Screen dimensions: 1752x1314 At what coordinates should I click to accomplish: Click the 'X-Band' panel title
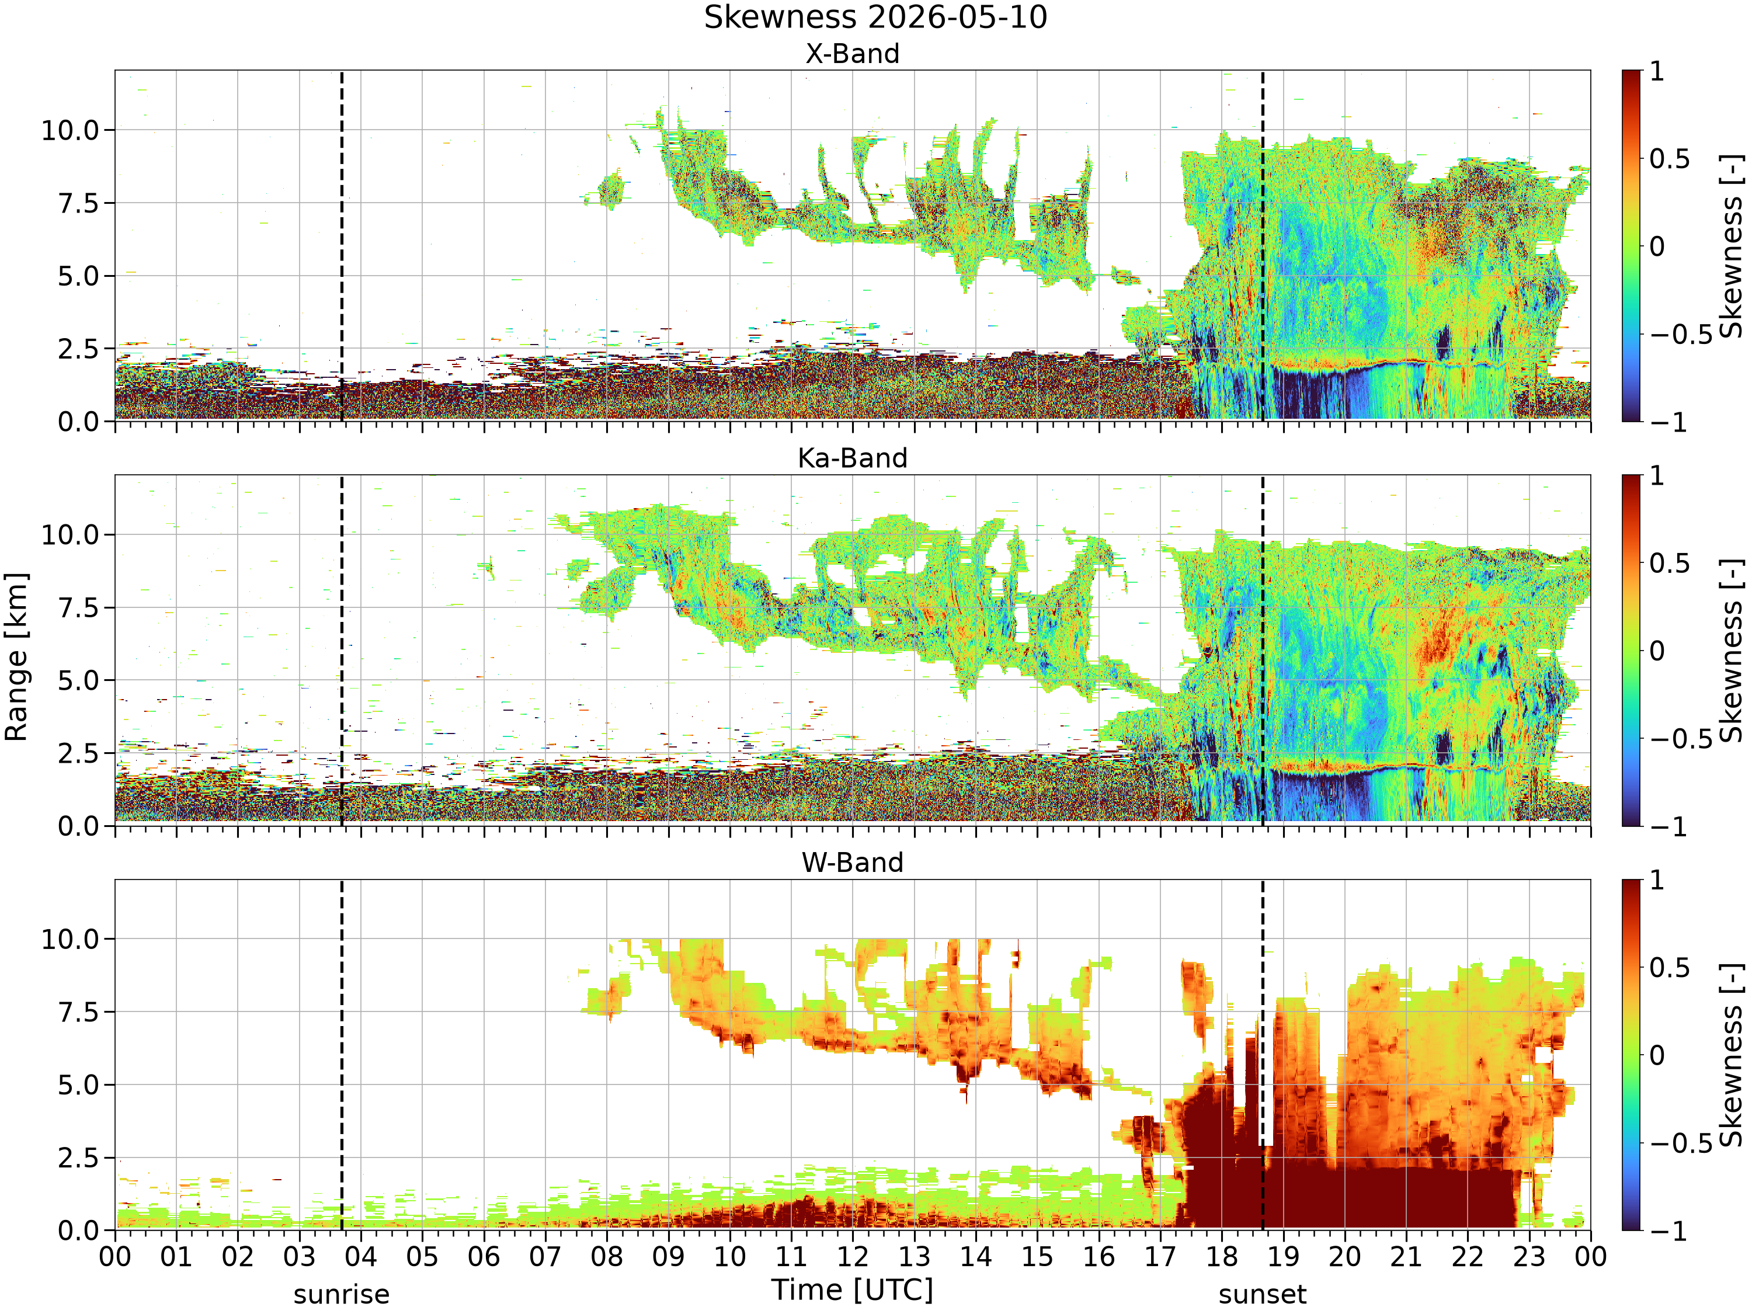point(852,54)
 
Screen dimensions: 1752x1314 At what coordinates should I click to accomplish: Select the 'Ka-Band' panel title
point(852,458)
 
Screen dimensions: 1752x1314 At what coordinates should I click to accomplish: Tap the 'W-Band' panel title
point(852,863)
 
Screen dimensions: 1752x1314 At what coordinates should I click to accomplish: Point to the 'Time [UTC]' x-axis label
point(852,1289)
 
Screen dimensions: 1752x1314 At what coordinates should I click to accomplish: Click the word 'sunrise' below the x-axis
point(342,1294)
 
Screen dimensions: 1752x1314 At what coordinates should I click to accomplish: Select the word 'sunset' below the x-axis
point(1263,1294)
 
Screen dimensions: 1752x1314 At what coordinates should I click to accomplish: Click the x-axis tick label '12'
point(852,1257)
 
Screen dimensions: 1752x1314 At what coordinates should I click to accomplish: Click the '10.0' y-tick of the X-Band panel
point(71,130)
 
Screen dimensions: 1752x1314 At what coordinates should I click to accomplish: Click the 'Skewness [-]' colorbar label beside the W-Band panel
point(1732,1054)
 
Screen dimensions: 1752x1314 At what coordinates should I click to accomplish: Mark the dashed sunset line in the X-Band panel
point(1263,245)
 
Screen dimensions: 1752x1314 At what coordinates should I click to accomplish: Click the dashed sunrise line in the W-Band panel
point(342,1054)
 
